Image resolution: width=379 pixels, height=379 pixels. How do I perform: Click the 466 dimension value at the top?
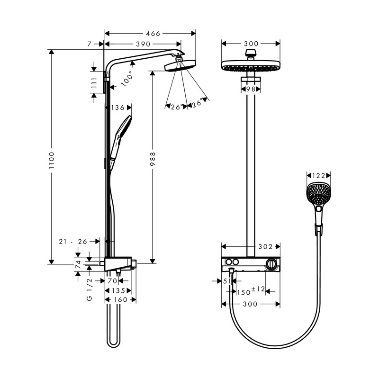153,33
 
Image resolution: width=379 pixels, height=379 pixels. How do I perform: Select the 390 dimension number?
143,44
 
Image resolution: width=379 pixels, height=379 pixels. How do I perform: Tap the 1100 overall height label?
52,160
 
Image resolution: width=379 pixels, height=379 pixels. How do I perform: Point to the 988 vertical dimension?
153,159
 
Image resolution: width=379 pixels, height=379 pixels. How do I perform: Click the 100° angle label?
127,79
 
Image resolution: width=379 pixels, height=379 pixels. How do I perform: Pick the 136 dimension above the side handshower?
117,108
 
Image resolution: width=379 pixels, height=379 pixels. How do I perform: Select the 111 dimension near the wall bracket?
94,83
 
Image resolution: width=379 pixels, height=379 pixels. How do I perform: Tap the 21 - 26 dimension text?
73,241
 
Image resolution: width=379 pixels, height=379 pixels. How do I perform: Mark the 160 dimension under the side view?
120,300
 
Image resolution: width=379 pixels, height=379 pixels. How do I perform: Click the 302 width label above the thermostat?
265,246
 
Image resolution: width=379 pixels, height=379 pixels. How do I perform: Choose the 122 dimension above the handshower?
318,176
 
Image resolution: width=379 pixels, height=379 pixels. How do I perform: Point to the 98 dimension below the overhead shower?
251,89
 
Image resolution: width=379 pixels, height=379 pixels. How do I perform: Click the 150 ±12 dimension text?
251,291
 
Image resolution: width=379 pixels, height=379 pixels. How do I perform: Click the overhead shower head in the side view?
180,65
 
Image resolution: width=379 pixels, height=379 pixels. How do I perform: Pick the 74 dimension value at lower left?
78,264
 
